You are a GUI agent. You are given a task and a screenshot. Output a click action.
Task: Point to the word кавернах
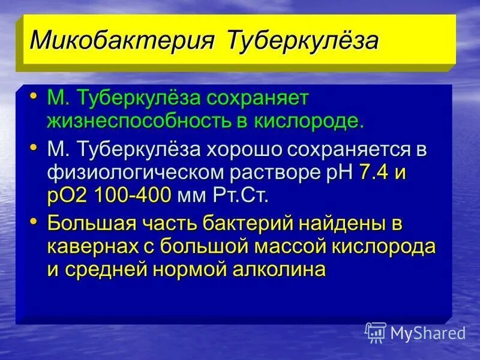pos(91,247)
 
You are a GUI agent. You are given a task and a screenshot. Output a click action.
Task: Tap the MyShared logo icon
pos(376,332)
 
